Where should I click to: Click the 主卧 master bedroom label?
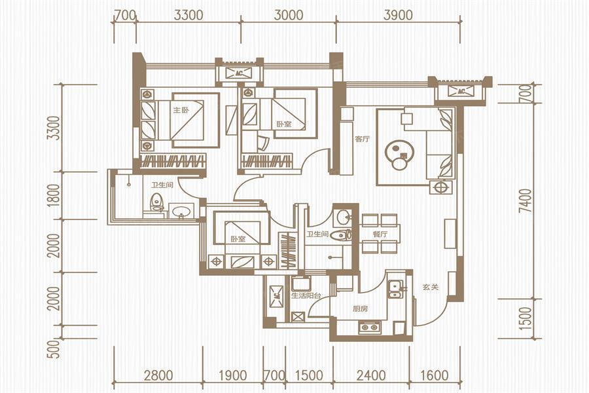(x=181, y=110)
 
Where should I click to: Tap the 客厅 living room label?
(x=362, y=139)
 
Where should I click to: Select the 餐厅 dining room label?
(x=380, y=234)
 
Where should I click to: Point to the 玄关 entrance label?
(x=431, y=288)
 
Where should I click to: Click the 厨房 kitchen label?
(x=360, y=309)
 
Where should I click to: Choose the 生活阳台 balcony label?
(x=306, y=296)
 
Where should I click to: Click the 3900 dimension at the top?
(x=398, y=15)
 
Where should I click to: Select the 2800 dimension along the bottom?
(x=158, y=375)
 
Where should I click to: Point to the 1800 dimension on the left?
(x=55, y=195)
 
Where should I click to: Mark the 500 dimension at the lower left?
(x=55, y=348)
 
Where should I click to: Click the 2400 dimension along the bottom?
(x=371, y=375)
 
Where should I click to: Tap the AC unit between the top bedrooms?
(x=240, y=73)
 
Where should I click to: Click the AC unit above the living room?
(x=461, y=91)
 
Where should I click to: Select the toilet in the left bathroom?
(x=156, y=202)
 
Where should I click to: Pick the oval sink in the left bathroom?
(x=182, y=212)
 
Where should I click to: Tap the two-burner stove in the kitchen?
(x=369, y=327)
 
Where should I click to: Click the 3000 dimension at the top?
(x=288, y=15)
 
